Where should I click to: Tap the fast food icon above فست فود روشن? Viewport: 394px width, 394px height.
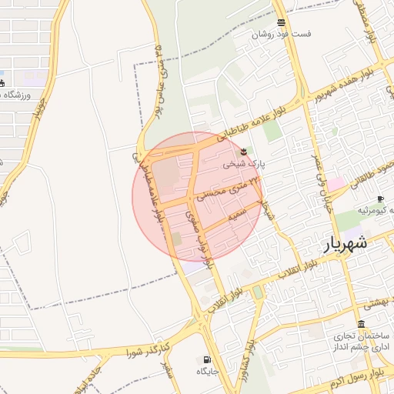coord(280,22)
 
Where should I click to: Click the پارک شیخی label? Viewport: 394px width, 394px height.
coord(243,164)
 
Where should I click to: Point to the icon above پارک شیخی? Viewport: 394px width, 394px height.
coord(244,150)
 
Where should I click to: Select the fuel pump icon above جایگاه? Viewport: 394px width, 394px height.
coord(207,359)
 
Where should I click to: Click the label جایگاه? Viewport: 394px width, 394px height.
coord(208,372)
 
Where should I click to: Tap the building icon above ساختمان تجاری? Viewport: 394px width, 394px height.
coord(361,324)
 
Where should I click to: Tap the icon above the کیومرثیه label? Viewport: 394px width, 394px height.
coord(380,199)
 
